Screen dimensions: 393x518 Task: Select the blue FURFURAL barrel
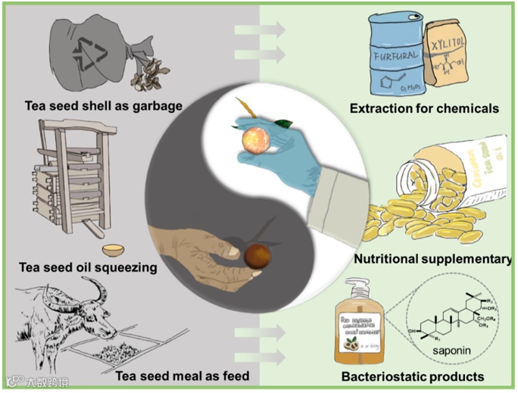(395, 53)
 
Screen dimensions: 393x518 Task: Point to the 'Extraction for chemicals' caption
(424, 109)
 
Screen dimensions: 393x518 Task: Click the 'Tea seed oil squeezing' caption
(89, 267)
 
